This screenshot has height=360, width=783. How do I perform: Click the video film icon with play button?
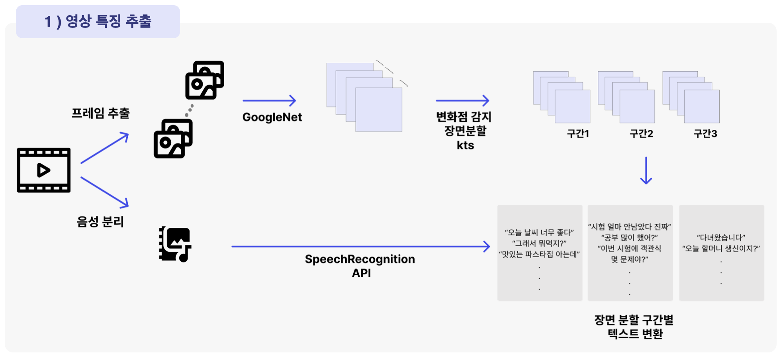tap(44, 170)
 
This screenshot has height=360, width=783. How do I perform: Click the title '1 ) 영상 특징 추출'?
tap(98, 22)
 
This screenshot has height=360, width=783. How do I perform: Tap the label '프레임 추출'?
tap(100, 113)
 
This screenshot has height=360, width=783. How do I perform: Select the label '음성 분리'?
tap(100, 221)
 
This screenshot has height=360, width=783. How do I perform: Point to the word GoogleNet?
tap(272, 117)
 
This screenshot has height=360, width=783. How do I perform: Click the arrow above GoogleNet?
tap(269, 101)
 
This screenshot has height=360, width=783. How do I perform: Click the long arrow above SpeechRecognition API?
tap(360, 247)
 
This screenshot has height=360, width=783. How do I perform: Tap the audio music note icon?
tap(175, 244)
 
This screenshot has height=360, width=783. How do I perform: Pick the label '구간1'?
tap(578, 133)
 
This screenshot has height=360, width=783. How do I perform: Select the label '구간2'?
tap(641, 133)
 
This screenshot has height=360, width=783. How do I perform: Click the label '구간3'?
tap(705, 133)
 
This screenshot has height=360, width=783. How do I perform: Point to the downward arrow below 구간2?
tap(646, 170)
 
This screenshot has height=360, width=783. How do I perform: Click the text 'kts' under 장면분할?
tap(465, 145)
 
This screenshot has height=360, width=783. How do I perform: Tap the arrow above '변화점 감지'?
tap(462, 101)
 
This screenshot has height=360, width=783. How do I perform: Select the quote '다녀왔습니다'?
tap(721, 238)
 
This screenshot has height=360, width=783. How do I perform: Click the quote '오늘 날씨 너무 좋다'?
tap(539, 233)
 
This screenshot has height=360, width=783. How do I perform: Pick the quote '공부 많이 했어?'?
tap(629, 238)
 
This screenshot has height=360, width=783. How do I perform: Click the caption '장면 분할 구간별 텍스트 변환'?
tap(634, 327)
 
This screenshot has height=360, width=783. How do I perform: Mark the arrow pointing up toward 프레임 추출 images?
tap(105, 148)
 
